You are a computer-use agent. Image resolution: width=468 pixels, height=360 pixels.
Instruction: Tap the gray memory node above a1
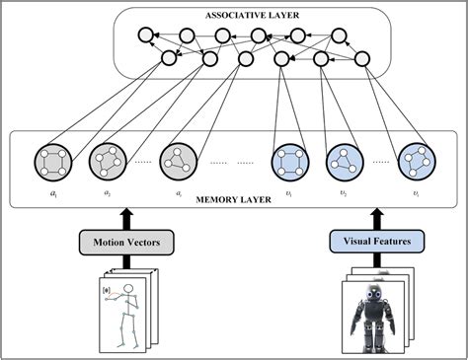(x=51, y=161)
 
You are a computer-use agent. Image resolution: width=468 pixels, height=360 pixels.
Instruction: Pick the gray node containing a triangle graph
(x=179, y=161)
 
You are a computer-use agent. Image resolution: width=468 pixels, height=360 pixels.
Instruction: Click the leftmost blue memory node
(x=290, y=161)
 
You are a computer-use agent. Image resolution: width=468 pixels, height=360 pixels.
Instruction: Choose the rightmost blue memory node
(x=416, y=161)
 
